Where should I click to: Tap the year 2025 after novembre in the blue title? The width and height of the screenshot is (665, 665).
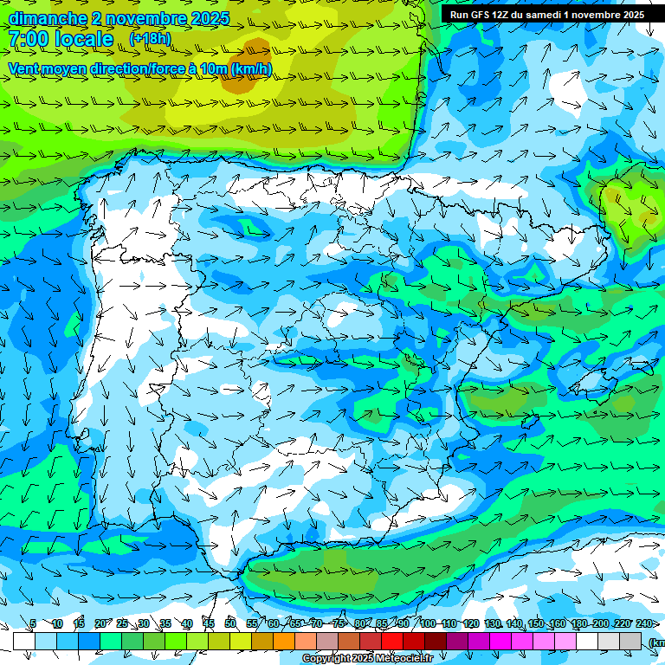pos(210,18)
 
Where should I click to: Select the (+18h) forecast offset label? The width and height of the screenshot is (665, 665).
pos(150,38)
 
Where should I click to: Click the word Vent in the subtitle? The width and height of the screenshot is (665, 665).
pos(24,68)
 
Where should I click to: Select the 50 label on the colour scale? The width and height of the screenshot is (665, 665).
pos(230,623)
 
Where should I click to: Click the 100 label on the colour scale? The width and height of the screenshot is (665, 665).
pos(428,623)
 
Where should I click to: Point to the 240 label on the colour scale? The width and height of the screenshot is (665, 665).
pos(644,623)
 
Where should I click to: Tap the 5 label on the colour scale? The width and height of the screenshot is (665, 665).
pos(33,623)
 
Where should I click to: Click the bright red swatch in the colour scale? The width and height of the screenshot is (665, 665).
pos(391,641)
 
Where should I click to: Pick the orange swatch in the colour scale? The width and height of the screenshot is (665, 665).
pos(283,641)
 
